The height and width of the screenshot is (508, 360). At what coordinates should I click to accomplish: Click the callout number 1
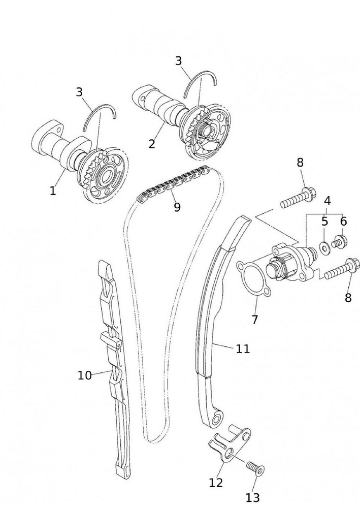(x=53, y=191)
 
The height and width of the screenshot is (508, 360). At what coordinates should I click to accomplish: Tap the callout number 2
(x=152, y=144)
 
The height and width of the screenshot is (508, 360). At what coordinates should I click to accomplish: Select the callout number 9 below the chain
(x=177, y=207)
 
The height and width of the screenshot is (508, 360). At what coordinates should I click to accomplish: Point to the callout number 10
(x=84, y=375)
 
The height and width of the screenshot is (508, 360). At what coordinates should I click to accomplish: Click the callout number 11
(x=243, y=349)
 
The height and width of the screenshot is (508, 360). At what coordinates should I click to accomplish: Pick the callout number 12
(x=216, y=483)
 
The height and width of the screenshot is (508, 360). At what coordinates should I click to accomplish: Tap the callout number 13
(x=252, y=497)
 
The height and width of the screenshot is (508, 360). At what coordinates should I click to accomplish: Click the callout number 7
(x=255, y=320)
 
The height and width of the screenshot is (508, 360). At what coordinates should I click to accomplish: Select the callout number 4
(x=328, y=201)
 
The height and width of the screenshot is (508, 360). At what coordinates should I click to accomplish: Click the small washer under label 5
(x=323, y=247)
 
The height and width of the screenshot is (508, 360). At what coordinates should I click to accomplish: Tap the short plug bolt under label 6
(x=339, y=241)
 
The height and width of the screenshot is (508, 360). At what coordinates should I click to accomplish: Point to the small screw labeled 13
(x=254, y=467)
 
